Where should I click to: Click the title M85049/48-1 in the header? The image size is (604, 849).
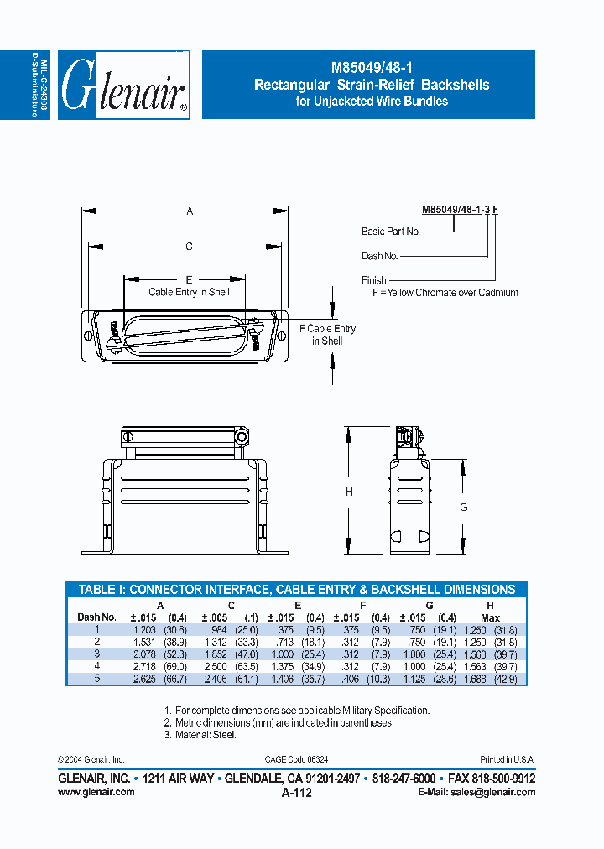coord(371,69)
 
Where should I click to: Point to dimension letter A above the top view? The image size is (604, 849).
coord(190,212)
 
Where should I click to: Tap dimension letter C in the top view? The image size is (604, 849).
coord(190,246)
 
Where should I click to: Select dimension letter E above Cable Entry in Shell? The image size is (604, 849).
coord(190,279)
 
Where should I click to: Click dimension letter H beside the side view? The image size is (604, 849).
coord(349,492)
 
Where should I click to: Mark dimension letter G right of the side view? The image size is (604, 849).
coord(463,507)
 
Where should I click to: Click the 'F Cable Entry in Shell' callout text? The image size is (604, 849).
coord(327,335)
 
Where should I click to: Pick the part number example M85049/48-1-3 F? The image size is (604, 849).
coord(460,214)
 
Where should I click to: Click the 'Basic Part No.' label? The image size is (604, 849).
coord(390,232)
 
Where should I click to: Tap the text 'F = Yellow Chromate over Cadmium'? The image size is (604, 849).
coord(445,293)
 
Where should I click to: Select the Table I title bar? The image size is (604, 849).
coord(296,590)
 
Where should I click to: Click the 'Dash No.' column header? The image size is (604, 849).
coord(96,617)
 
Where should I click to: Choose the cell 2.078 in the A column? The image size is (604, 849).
coord(144,653)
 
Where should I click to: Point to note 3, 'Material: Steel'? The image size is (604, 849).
coord(200,735)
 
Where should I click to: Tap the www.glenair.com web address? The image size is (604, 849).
coord(96,792)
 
